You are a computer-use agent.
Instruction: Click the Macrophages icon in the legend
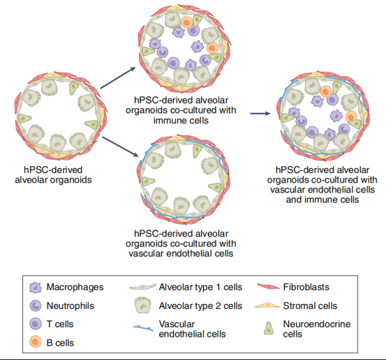coord(36,288)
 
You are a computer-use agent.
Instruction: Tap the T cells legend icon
coord(36,325)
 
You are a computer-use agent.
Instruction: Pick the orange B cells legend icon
coord(36,343)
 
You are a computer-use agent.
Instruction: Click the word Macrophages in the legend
coord(75,288)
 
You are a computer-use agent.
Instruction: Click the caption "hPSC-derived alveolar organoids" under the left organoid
coord(52,174)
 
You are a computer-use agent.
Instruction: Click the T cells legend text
coord(61,325)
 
